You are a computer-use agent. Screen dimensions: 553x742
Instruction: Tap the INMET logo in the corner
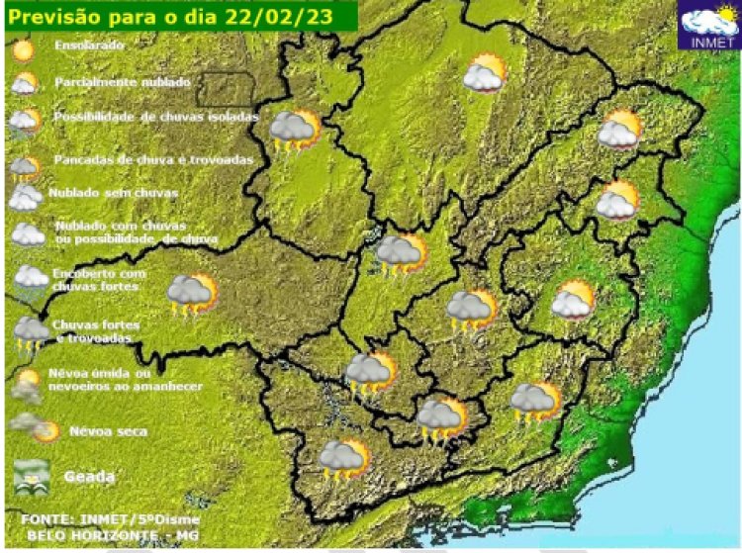pyautogui.click(x=710, y=26)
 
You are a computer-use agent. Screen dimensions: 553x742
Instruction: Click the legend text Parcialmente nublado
pyautogui.click(x=123, y=82)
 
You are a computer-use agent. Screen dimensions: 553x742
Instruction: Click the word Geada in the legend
pyautogui.click(x=89, y=477)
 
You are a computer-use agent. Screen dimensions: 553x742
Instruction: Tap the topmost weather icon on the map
pyautogui.click(x=485, y=73)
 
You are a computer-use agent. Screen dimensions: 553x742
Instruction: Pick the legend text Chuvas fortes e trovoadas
pyautogui.click(x=95, y=331)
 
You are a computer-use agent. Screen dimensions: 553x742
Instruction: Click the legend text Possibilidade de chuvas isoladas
pyautogui.click(x=156, y=117)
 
